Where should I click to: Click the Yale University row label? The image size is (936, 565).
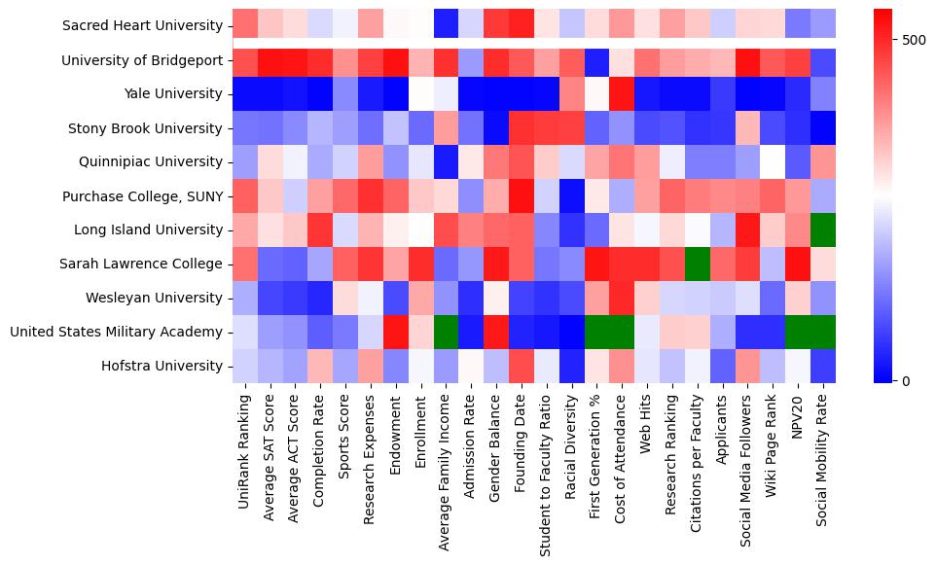(x=170, y=94)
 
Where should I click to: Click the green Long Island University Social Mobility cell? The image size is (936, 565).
(x=824, y=230)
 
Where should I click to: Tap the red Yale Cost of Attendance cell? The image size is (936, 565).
(x=624, y=94)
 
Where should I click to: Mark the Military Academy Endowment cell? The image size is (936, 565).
(x=396, y=333)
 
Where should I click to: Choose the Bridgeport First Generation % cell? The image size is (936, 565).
(x=598, y=60)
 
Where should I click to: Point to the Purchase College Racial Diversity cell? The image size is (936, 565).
(x=573, y=196)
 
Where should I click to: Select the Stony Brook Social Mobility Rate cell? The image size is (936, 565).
(x=824, y=128)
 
